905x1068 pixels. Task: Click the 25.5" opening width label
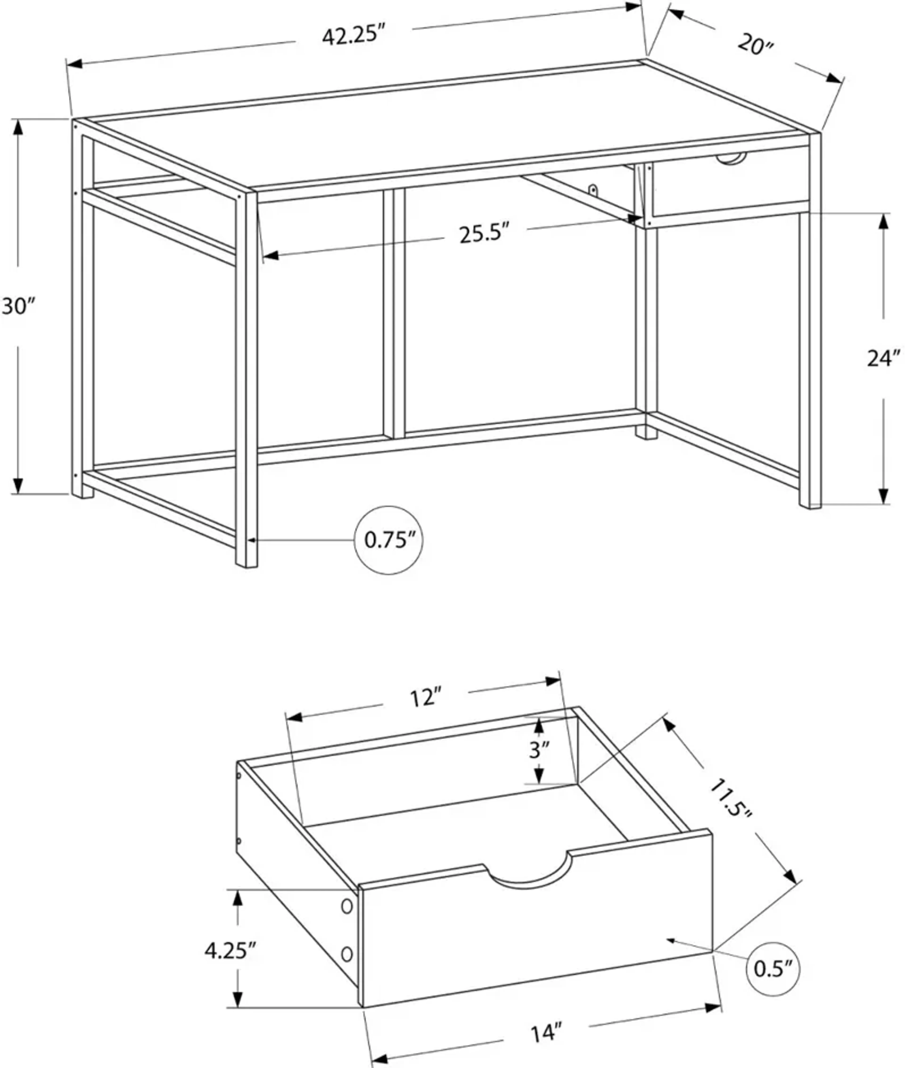pos(484,234)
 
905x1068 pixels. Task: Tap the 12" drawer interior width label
pos(425,698)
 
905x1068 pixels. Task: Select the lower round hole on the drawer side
pos(347,954)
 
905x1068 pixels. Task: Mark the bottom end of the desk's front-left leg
pos(246,565)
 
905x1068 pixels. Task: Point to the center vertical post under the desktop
pos(394,313)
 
